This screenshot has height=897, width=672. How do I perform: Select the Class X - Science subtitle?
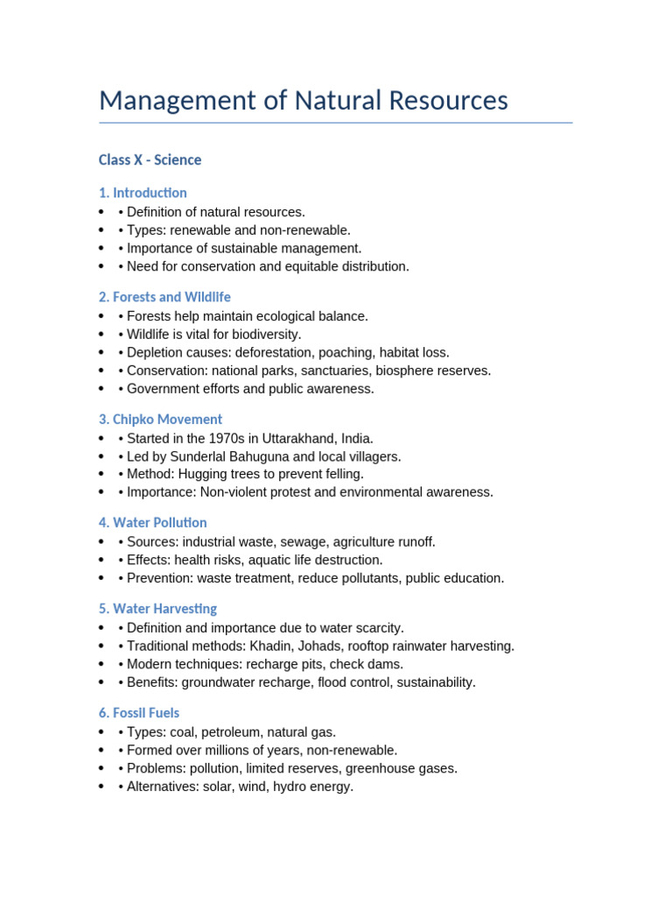coord(150,159)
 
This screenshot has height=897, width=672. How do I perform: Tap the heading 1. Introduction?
coord(143,193)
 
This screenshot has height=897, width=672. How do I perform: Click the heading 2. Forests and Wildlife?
coord(164,297)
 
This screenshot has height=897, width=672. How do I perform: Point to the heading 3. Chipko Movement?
coord(160,420)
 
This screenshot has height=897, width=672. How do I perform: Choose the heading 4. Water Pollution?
coord(152,523)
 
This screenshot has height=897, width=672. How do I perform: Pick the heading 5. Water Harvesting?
coord(157,609)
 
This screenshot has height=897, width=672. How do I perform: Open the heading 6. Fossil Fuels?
coord(139,713)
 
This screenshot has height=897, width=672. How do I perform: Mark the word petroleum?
coord(230,732)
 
